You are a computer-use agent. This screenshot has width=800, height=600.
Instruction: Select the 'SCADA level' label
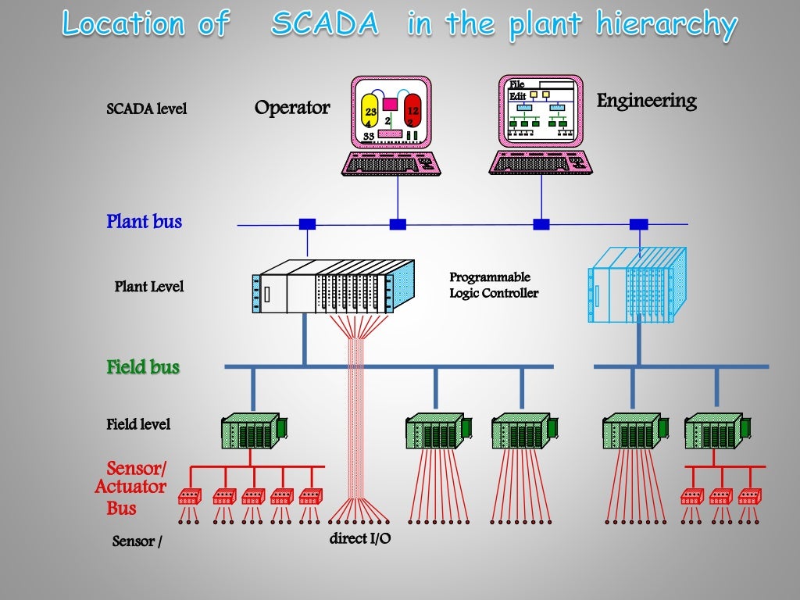coord(147,109)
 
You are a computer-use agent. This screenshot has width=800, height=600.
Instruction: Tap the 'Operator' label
coord(292,107)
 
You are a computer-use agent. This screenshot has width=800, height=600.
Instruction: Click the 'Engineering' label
coord(646,101)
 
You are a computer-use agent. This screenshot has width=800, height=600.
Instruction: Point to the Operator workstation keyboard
coord(391,163)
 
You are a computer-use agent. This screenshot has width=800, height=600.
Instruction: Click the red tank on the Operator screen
coord(412,115)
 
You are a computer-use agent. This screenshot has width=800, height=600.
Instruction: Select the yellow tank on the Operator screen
coord(370,115)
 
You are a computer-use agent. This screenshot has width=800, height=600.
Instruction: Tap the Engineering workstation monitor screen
coord(541,111)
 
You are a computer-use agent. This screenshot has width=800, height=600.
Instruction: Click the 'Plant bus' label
coord(144,222)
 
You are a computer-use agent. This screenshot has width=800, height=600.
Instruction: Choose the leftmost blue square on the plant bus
coord(307,224)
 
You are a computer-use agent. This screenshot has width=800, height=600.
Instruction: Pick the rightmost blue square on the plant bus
coord(638,224)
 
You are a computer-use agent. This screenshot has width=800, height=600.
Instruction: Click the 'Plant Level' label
coord(149,287)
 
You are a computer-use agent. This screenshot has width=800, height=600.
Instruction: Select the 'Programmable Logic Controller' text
coord(493,285)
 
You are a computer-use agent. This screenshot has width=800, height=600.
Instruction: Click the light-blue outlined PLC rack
coord(637,285)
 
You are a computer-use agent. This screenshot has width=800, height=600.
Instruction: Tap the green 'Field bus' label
coord(143,366)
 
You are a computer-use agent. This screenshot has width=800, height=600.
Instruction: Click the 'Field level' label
coord(138,424)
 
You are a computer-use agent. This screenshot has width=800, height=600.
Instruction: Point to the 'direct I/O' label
coord(360,537)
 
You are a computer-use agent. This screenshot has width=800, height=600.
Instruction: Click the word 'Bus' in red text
coord(121,509)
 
